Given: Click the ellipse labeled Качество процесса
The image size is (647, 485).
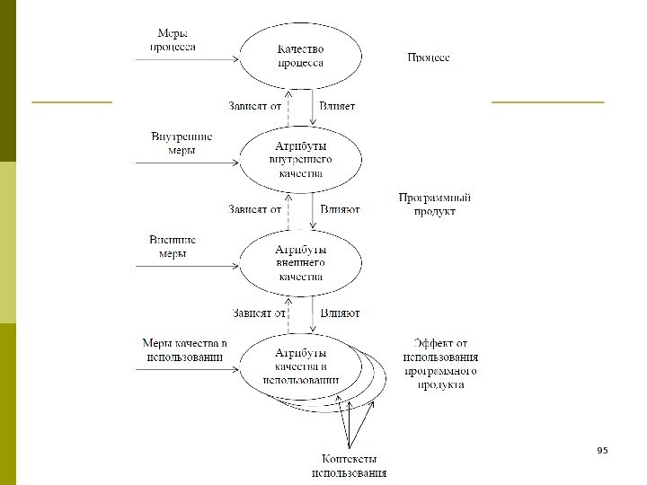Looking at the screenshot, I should [300, 56].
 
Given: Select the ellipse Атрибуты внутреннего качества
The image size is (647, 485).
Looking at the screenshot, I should [300, 159].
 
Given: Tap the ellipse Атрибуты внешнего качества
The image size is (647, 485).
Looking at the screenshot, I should [300, 262].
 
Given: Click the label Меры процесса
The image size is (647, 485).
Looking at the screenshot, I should [173, 40].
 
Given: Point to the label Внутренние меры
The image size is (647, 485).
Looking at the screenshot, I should [182, 144].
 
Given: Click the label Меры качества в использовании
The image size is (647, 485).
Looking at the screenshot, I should [184, 350].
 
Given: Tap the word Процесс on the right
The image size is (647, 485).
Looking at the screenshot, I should [429, 57].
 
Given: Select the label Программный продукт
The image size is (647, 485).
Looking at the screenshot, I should [435, 204].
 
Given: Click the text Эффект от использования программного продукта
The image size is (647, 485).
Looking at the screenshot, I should [439, 363].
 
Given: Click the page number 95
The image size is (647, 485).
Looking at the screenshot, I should [602, 449].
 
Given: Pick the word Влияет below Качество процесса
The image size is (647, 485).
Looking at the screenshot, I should [337, 106].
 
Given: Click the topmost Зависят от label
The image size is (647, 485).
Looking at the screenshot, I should [255, 106].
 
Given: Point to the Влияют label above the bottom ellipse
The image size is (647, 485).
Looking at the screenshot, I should [340, 313].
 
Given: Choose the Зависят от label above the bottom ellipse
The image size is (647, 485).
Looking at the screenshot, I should [258, 313].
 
